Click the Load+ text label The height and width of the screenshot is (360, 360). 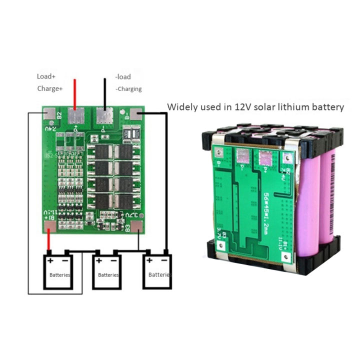pyautogui.click(x=46, y=76)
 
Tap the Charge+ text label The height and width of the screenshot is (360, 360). pyautogui.click(x=49, y=88)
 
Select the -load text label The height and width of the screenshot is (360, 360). pyautogui.click(x=123, y=76)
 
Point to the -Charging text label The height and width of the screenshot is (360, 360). pyautogui.click(x=128, y=89)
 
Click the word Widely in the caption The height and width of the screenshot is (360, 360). pyautogui.click(x=180, y=106)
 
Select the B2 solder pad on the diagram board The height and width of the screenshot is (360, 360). pyautogui.click(x=49, y=114)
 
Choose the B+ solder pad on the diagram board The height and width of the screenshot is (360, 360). pyautogui.click(x=49, y=226)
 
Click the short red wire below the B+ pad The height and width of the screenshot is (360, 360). pyautogui.click(x=48, y=242)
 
